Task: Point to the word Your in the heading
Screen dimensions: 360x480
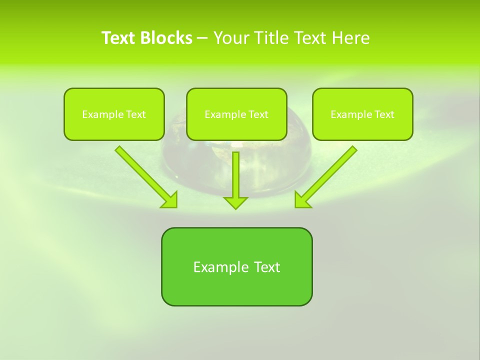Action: [x=230, y=38]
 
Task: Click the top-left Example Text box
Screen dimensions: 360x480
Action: [x=114, y=114]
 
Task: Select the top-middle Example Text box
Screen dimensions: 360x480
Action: [x=236, y=114]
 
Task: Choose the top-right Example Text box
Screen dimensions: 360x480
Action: [x=362, y=114]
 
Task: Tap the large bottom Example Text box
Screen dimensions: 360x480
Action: [x=236, y=266]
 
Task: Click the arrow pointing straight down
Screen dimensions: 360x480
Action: [x=235, y=175]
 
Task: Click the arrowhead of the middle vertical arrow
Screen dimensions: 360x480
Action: [x=235, y=202]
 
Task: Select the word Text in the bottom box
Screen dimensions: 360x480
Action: [x=267, y=267]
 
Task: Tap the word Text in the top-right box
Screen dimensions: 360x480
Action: [x=384, y=114]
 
